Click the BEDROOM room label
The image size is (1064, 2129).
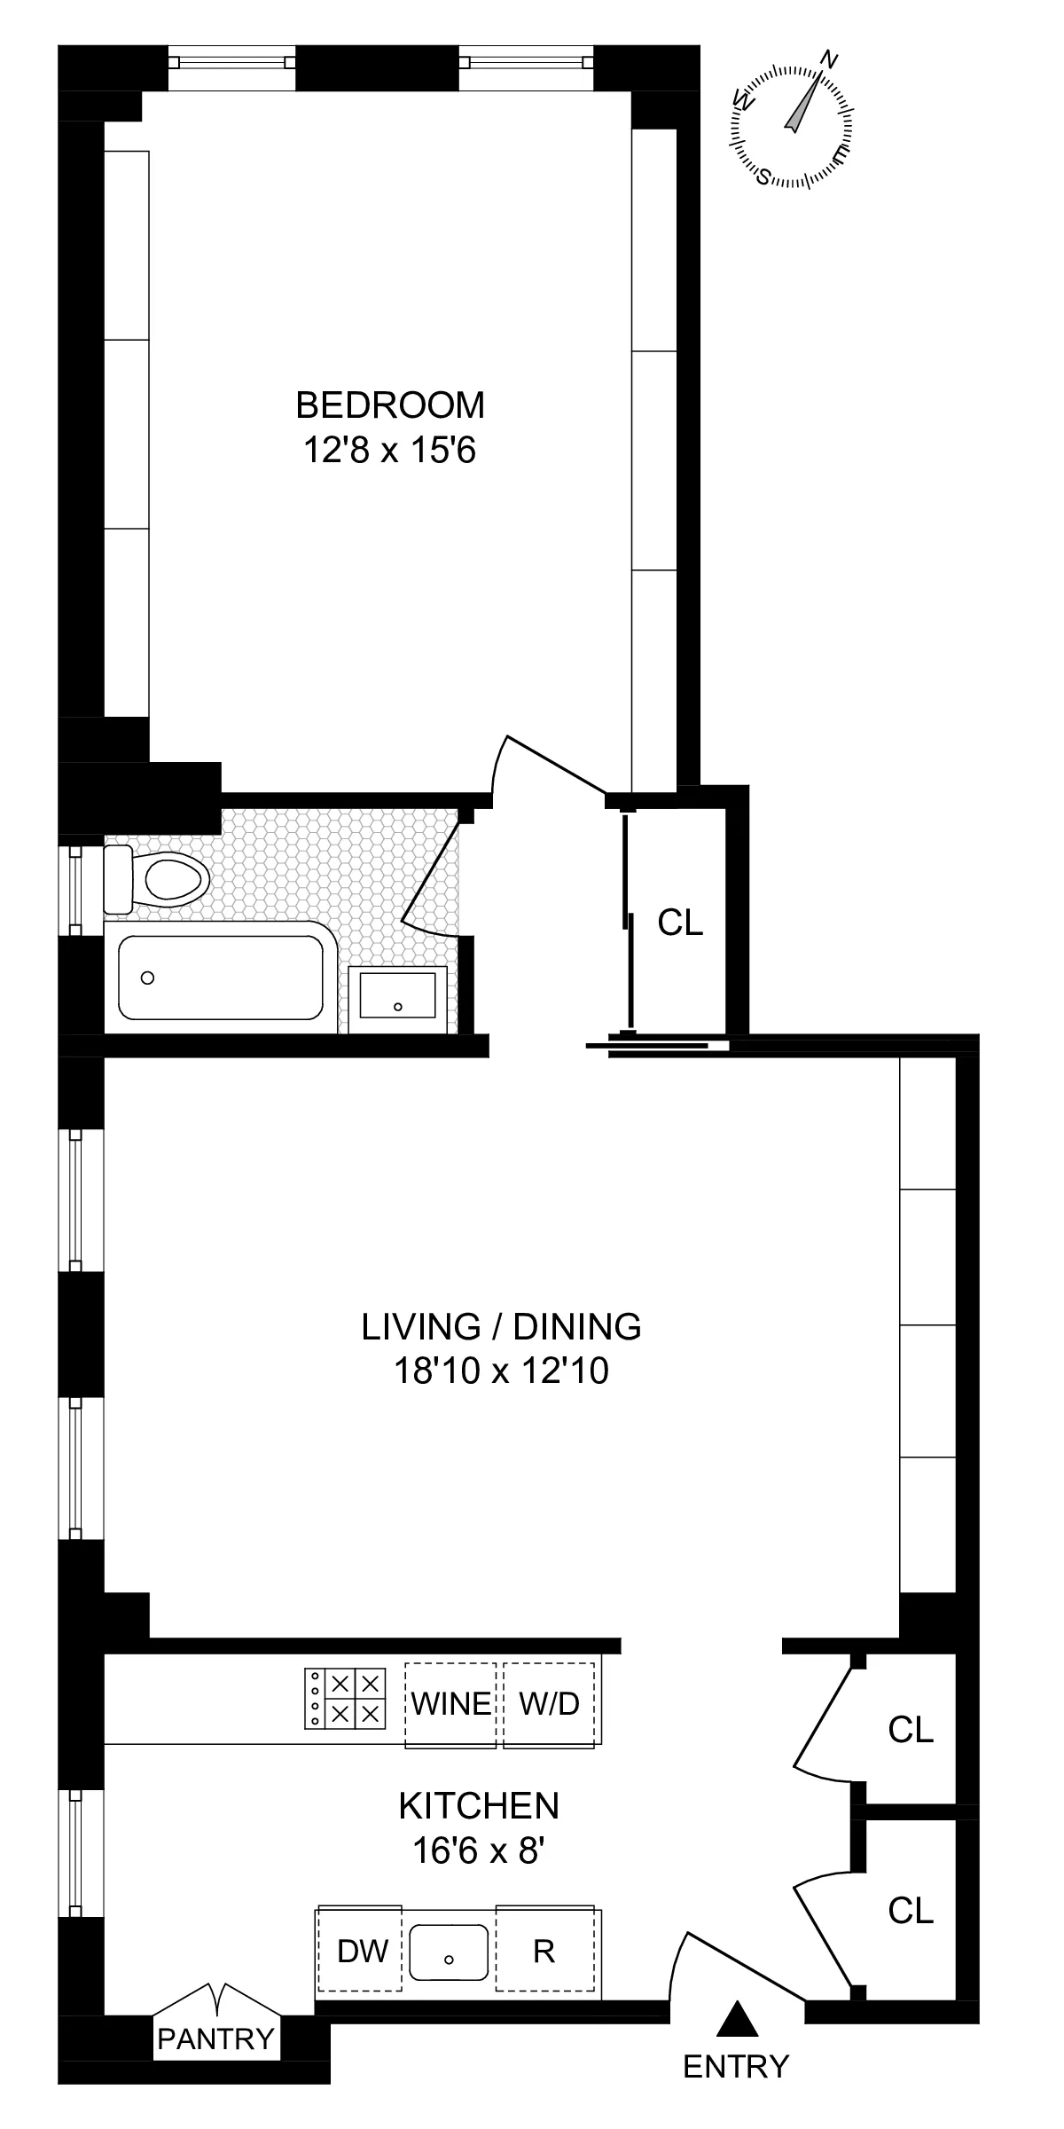coord(390,405)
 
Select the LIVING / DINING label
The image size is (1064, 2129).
coord(501,1326)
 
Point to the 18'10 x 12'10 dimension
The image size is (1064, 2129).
coord(501,1371)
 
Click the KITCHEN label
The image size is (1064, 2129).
coord(479,1805)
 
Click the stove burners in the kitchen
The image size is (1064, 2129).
coord(347,1698)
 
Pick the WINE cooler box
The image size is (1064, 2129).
coord(450,1704)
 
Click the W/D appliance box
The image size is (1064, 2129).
coord(549,1704)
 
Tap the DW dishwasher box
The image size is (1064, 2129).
coord(363,1951)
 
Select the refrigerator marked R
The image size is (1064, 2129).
coord(544,1951)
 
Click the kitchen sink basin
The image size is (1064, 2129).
coord(449,1952)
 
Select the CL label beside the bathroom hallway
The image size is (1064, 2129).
coord(680,923)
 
